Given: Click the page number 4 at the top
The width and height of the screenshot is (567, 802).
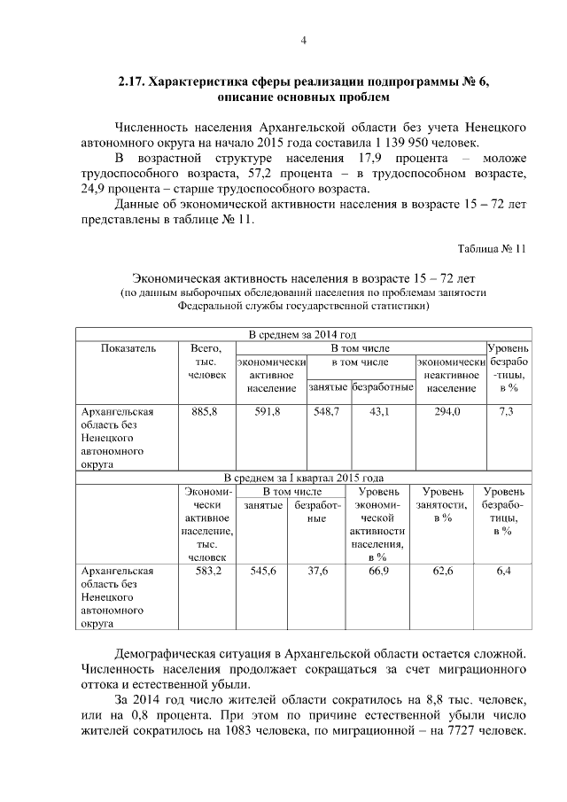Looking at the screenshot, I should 303,39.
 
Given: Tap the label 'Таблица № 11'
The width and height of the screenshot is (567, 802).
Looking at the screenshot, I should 492,248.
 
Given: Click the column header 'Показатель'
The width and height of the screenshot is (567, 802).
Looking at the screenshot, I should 128,348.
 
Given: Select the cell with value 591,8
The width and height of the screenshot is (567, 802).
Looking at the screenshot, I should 270,411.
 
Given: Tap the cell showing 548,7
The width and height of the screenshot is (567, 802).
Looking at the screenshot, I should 327,411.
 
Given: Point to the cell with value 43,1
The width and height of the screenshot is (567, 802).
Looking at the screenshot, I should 382,411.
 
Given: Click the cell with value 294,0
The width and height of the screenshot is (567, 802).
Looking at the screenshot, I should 449,411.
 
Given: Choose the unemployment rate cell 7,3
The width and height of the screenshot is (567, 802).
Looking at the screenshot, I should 507,411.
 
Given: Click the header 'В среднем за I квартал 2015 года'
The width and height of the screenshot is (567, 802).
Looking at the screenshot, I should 303,477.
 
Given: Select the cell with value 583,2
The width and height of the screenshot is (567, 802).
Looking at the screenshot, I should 209,572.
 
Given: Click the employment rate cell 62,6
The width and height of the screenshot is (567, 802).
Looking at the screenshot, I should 443,572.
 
